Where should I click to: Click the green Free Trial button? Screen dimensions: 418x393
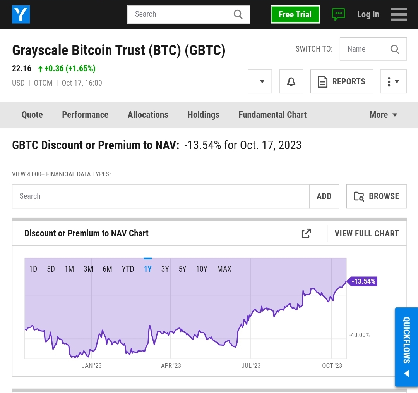pos(295,14)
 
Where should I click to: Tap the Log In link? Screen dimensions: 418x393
pos(368,14)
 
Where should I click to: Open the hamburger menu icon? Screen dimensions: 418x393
pos(399,14)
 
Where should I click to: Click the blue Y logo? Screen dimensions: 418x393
pos(21,14)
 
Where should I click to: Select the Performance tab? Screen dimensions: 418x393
pos(85,115)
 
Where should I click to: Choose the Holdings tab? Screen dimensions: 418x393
pos(204,115)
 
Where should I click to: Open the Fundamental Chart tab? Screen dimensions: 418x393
pos(272,115)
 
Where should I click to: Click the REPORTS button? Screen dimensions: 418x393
pos(341,81)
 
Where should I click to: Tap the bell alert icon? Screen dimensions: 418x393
pos(291,81)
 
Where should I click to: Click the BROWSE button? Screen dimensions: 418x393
pos(377,196)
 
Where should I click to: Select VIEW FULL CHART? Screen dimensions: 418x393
pos(367,233)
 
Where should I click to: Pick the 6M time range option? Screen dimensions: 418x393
pos(108,269)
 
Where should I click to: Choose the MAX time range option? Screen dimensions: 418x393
pos(224,269)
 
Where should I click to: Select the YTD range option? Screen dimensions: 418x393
pos(128,269)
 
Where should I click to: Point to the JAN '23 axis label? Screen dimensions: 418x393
pos(92,365)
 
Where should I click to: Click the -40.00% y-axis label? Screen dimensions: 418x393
pos(359,335)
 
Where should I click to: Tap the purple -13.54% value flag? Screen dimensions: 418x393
pos(363,281)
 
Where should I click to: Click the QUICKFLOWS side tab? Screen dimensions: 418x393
pos(406,347)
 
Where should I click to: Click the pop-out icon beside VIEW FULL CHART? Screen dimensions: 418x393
pos(306,233)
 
